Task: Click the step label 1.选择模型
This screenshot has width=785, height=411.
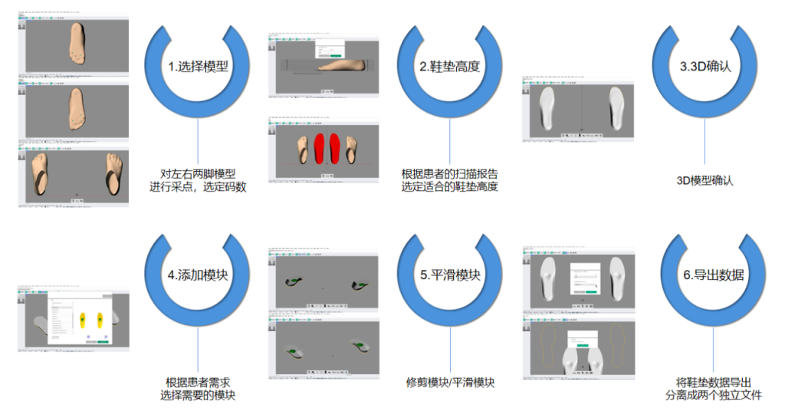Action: (x=198, y=66)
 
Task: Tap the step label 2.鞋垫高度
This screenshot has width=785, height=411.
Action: (x=450, y=66)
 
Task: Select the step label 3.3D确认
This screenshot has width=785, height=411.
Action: (x=705, y=66)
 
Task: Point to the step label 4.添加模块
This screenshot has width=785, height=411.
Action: (x=198, y=275)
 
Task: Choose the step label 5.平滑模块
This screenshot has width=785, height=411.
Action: (x=450, y=275)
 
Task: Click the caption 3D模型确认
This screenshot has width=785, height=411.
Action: (x=705, y=181)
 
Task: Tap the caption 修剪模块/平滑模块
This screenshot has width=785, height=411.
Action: (x=450, y=382)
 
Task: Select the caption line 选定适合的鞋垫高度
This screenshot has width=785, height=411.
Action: (x=450, y=186)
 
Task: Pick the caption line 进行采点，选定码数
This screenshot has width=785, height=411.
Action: (x=198, y=186)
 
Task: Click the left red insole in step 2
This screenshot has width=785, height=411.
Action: (x=320, y=148)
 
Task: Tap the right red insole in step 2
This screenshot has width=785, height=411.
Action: (x=336, y=148)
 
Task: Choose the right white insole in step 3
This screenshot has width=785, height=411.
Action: (x=615, y=107)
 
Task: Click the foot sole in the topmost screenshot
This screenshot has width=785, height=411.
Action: (x=77, y=39)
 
